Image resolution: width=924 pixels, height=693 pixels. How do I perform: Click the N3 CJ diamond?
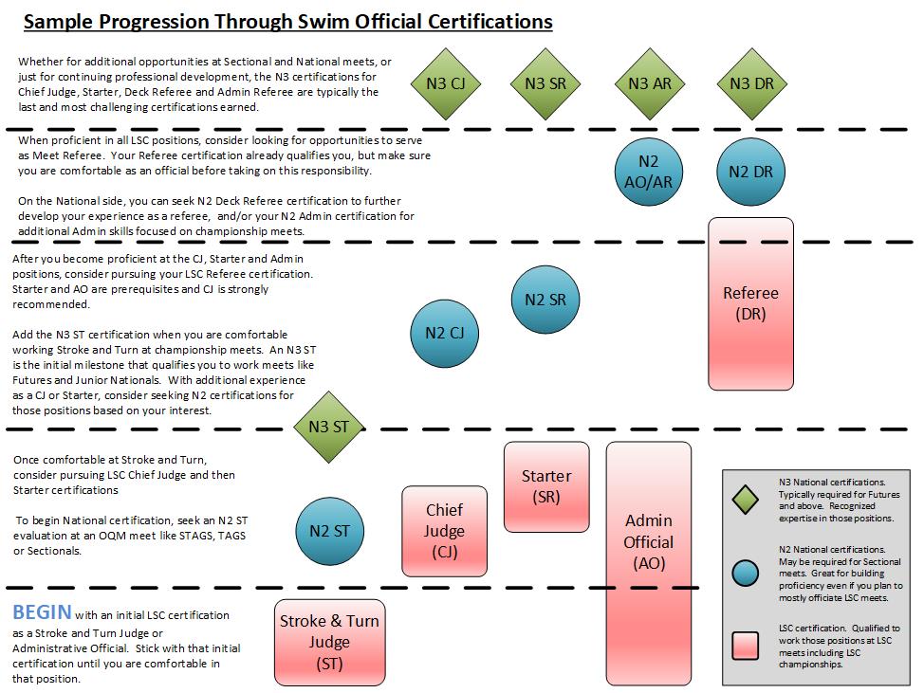(x=446, y=83)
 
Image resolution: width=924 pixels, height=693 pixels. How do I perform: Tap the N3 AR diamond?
(x=649, y=83)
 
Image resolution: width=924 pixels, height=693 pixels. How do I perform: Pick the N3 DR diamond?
(x=751, y=83)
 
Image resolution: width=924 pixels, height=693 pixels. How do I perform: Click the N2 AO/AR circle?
(x=649, y=172)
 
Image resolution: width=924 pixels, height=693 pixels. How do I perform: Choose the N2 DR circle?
(x=751, y=172)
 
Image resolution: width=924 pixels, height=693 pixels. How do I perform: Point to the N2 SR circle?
(x=545, y=300)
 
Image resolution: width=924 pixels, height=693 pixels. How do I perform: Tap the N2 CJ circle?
(x=444, y=332)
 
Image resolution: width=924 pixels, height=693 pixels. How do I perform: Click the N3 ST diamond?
(x=328, y=427)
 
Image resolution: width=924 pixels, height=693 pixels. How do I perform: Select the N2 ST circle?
(x=329, y=531)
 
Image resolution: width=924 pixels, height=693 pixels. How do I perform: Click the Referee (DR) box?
(x=750, y=303)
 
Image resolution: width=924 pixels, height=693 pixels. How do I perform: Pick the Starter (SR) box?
(x=546, y=485)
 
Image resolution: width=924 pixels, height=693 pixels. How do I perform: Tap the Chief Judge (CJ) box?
(x=444, y=531)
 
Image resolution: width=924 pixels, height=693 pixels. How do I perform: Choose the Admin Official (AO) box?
(x=649, y=541)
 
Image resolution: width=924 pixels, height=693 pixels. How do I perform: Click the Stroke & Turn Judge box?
(x=329, y=642)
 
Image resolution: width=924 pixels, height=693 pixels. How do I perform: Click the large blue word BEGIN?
(x=42, y=611)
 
